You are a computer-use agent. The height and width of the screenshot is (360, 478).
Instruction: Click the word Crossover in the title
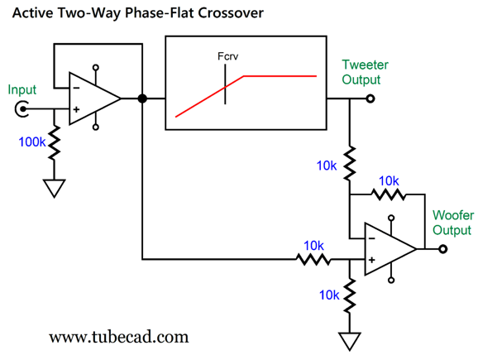pos(231,13)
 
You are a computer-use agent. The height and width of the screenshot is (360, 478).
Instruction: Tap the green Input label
pos(22,90)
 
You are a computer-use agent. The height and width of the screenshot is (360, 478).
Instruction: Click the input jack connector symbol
pos(22,109)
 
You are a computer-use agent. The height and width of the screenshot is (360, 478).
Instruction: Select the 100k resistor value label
pos(31,142)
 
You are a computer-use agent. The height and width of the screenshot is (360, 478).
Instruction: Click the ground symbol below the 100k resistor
pos(55,188)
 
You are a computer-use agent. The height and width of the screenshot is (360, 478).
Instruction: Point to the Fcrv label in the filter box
pos(227,56)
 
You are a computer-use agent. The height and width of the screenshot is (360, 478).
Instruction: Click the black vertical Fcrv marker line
pos(225,84)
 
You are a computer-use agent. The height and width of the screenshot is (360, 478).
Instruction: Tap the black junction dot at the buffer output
pos(142,98)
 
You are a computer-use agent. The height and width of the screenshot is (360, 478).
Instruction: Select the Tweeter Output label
pos(365,72)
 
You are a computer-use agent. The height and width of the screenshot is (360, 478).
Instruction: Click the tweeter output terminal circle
pos(370,98)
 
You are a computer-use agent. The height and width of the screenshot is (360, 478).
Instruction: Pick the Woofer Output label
pos(453,223)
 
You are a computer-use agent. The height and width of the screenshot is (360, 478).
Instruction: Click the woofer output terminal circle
pos(443,249)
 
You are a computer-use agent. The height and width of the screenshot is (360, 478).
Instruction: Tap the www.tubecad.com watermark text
pos(119,337)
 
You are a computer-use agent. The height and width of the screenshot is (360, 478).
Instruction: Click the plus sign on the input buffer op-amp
pos(76,109)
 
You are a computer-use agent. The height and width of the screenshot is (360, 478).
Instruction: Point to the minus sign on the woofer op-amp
pos(371,238)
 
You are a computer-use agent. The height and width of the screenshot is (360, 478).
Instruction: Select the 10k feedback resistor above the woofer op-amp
pos(389,194)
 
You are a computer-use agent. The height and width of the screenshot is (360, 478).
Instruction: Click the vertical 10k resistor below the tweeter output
pos(349,163)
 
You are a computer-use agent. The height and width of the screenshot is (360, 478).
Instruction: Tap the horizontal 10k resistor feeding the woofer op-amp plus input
pos(313,259)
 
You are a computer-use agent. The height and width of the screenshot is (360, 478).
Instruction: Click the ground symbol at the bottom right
pos(349,342)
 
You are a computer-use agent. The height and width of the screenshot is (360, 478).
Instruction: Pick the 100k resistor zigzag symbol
pos(55,142)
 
